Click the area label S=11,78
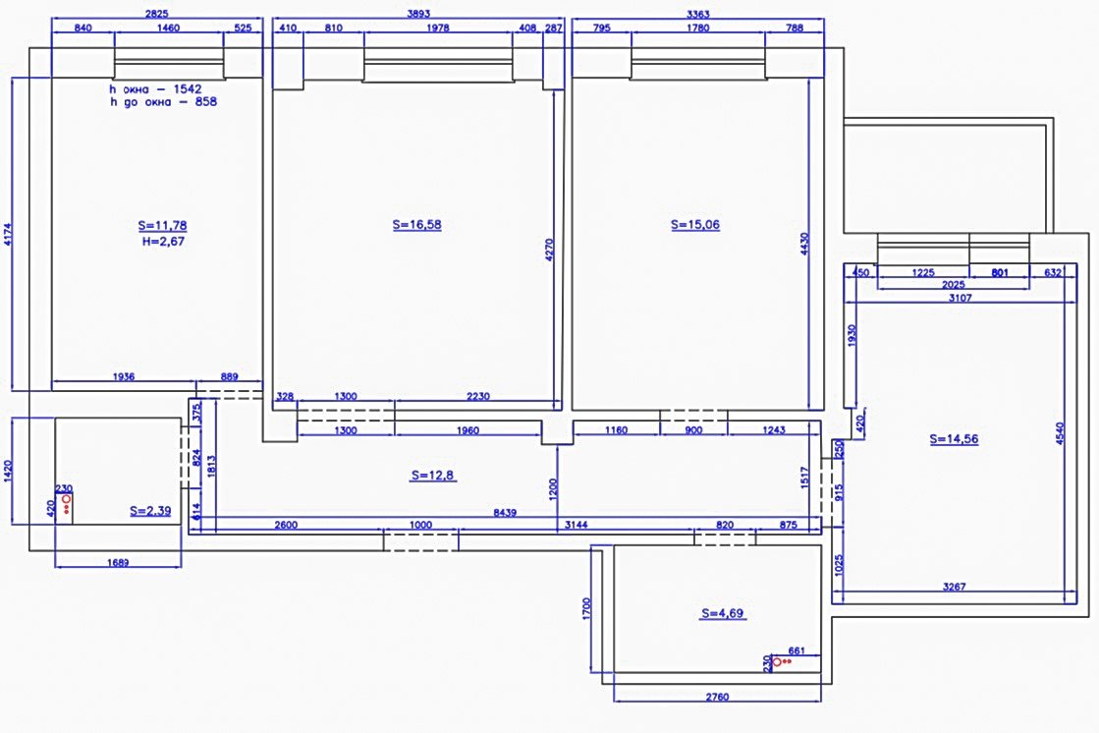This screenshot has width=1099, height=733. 163,225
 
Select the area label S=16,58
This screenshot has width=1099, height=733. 417,224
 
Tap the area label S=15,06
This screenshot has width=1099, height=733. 695,224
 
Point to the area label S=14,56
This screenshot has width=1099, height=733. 954,439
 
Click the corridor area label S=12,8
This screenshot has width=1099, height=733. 433,475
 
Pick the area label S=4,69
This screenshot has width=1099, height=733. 723,613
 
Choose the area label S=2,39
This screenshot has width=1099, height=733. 150,511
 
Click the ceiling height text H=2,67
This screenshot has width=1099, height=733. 163,242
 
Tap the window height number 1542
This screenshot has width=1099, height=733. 188,89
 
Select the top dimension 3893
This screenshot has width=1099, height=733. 418,14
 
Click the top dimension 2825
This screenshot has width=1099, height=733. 157,14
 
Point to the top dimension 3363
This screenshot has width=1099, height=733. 698,14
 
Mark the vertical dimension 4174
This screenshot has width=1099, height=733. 9,234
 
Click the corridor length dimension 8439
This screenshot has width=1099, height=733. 505,513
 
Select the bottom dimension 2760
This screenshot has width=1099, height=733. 717,697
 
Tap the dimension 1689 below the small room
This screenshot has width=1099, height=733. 118,563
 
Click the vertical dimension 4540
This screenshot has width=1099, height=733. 1060,432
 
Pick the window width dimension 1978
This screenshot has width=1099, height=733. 437,28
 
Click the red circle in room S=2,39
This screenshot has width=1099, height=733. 67,499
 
